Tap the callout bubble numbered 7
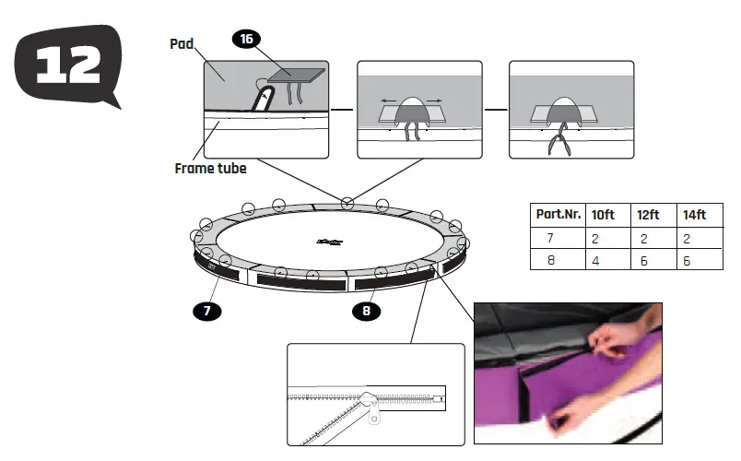(207, 311)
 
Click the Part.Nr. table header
(557, 214)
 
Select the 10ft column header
(604, 214)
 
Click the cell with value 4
(596, 260)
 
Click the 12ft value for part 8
(642, 260)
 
